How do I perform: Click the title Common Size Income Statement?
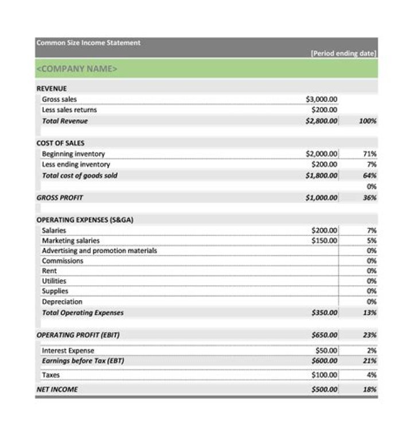88,43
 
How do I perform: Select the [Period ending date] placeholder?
343,53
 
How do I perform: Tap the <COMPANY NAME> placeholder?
77,69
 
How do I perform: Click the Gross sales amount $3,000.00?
322,99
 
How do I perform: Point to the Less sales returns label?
69,109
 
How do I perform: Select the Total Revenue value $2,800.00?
321,121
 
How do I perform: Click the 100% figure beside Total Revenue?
367,121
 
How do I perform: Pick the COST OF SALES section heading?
60,143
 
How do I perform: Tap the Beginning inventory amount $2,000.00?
321,154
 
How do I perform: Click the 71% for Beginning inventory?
370,154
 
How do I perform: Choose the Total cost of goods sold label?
79,175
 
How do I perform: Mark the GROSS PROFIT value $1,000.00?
321,198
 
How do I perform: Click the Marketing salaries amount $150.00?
324,241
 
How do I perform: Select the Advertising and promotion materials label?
99,250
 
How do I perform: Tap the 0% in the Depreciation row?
371,301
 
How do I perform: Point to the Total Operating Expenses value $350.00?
324,313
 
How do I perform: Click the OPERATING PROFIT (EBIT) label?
78,335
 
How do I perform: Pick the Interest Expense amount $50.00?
326,351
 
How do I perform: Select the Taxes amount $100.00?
324,375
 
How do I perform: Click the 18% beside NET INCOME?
370,390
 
